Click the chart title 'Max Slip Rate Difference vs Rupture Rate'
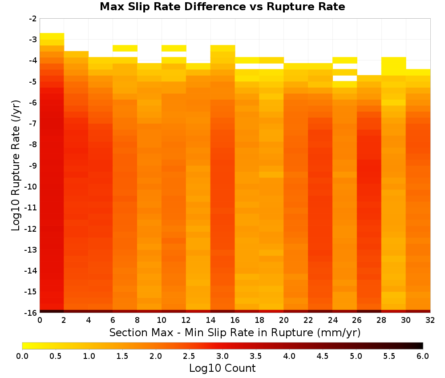222,7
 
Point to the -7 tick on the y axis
33,124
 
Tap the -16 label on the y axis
31,313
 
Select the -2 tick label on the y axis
33,19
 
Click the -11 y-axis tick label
31,208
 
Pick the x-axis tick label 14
210,320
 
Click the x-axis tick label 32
430,320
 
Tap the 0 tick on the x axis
40,320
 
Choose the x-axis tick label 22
308,320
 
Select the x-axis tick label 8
137,320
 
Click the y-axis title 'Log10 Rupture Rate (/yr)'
16,165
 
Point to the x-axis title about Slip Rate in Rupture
235,332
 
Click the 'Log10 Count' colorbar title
222,368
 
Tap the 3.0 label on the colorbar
222,356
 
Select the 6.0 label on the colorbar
423,356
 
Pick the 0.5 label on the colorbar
55,356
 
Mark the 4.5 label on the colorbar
322,356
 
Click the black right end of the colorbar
421,346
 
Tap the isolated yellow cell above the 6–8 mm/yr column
125,48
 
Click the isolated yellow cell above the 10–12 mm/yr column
174,48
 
